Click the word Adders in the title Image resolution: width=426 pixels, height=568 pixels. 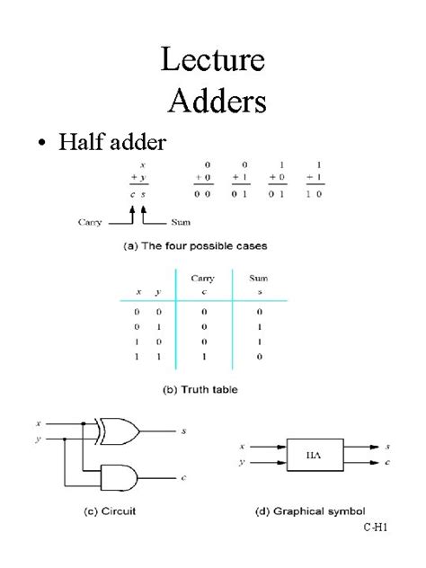pos(217,100)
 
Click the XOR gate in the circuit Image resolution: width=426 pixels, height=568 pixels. pos(119,431)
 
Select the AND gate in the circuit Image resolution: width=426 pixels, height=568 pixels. pos(119,476)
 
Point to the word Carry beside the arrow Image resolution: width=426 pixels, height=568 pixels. pos(90,222)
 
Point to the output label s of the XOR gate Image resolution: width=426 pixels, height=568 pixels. pos(182,432)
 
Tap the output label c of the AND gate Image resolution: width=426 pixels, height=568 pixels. pos(182,477)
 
